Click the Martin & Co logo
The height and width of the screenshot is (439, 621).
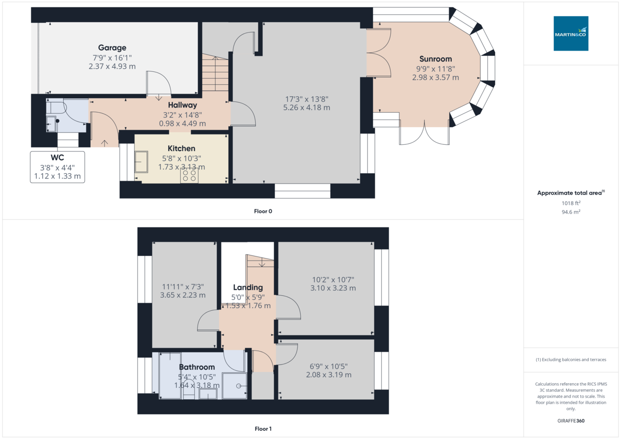click(x=571, y=34)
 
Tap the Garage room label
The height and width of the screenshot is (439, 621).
click(x=112, y=48)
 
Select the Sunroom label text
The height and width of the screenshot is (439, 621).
click(x=435, y=59)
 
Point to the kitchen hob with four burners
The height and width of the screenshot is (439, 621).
click(x=189, y=176)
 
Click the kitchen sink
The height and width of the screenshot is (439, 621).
click(x=141, y=162)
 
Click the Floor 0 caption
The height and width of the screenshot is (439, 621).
click(x=263, y=211)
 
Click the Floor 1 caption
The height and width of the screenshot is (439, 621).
click(x=263, y=429)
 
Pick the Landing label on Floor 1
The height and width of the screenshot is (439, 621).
click(x=248, y=287)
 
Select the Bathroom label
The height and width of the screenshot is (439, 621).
click(x=197, y=367)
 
